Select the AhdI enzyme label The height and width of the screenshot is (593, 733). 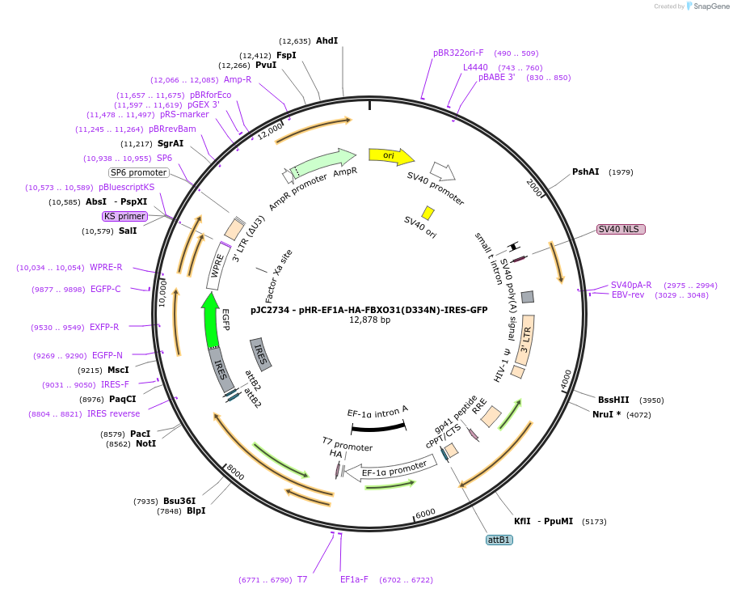pyautogui.click(x=326, y=40)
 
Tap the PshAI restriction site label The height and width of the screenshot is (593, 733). pyautogui.click(x=585, y=172)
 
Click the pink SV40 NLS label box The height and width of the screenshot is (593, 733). pyautogui.click(x=621, y=229)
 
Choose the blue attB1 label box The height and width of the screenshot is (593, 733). pyautogui.click(x=499, y=540)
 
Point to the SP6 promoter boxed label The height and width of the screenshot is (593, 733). pyautogui.click(x=139, y=172)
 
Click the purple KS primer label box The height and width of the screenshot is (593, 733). pyautogui.click(x=124, y=216)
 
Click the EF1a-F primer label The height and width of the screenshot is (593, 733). pyautogui.click(x=354, y=579)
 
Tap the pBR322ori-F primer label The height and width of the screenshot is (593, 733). pyautogui.click(x=458, y=53)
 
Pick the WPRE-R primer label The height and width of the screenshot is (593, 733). pyautogui.click(x=106, y=267)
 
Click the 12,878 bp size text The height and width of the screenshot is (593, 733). pyautogui.click(x=369, y=320)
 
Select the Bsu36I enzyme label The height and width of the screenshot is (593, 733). pyautogui.click(x=179, y=501)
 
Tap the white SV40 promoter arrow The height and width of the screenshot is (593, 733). pyautogui.click(x=442, y=171)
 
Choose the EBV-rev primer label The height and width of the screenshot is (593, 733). pyautogui.click(x=628, y=295)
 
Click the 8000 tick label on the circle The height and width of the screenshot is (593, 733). pyautogui.click(x=235, y=471)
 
